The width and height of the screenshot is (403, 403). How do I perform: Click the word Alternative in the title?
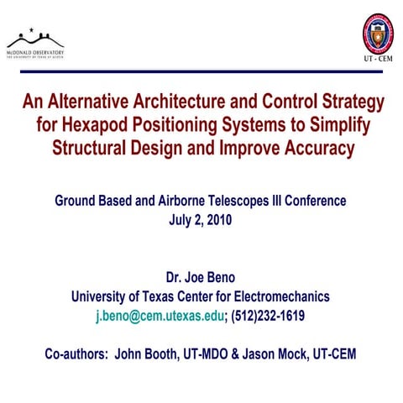pos(95,102)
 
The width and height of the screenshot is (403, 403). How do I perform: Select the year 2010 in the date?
pos(215,221)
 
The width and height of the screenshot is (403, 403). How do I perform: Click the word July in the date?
pos(181,221)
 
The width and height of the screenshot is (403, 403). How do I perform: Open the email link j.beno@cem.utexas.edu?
pos(160,317)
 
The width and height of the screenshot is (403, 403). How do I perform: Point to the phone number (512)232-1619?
pos(266,317)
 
